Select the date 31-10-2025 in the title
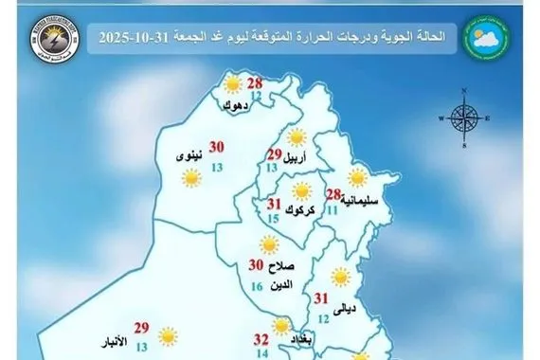click(x=127, y=37)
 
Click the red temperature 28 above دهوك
click(x=255, y=84)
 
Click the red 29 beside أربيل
click(x=275, y=155)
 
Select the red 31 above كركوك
click(x=275, y=205)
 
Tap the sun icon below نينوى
click(x=191, y=176)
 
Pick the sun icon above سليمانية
click(x=357, y=176)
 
